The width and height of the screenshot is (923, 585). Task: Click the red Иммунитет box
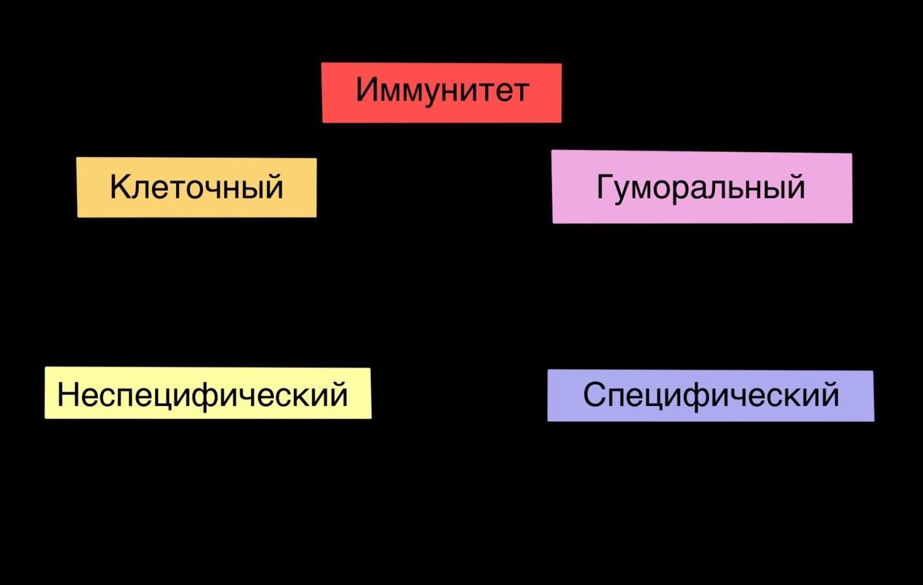click(x=441, y=92)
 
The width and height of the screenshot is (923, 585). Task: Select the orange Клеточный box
click(x=196, y=187)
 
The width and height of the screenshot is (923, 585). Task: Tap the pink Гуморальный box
click(x=701, y=187)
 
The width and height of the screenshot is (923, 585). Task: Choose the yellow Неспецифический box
click(x=207, y=393)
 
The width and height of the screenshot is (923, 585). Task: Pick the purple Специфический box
click(x=710, y=395)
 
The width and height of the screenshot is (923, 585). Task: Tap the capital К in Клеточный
click(x=119, y=187)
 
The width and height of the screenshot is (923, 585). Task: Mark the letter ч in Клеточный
click(x=211, y=188)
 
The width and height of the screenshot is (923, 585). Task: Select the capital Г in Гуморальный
click(x=605, y=187)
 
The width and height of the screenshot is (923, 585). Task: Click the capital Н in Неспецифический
click(x=67, y=394)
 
